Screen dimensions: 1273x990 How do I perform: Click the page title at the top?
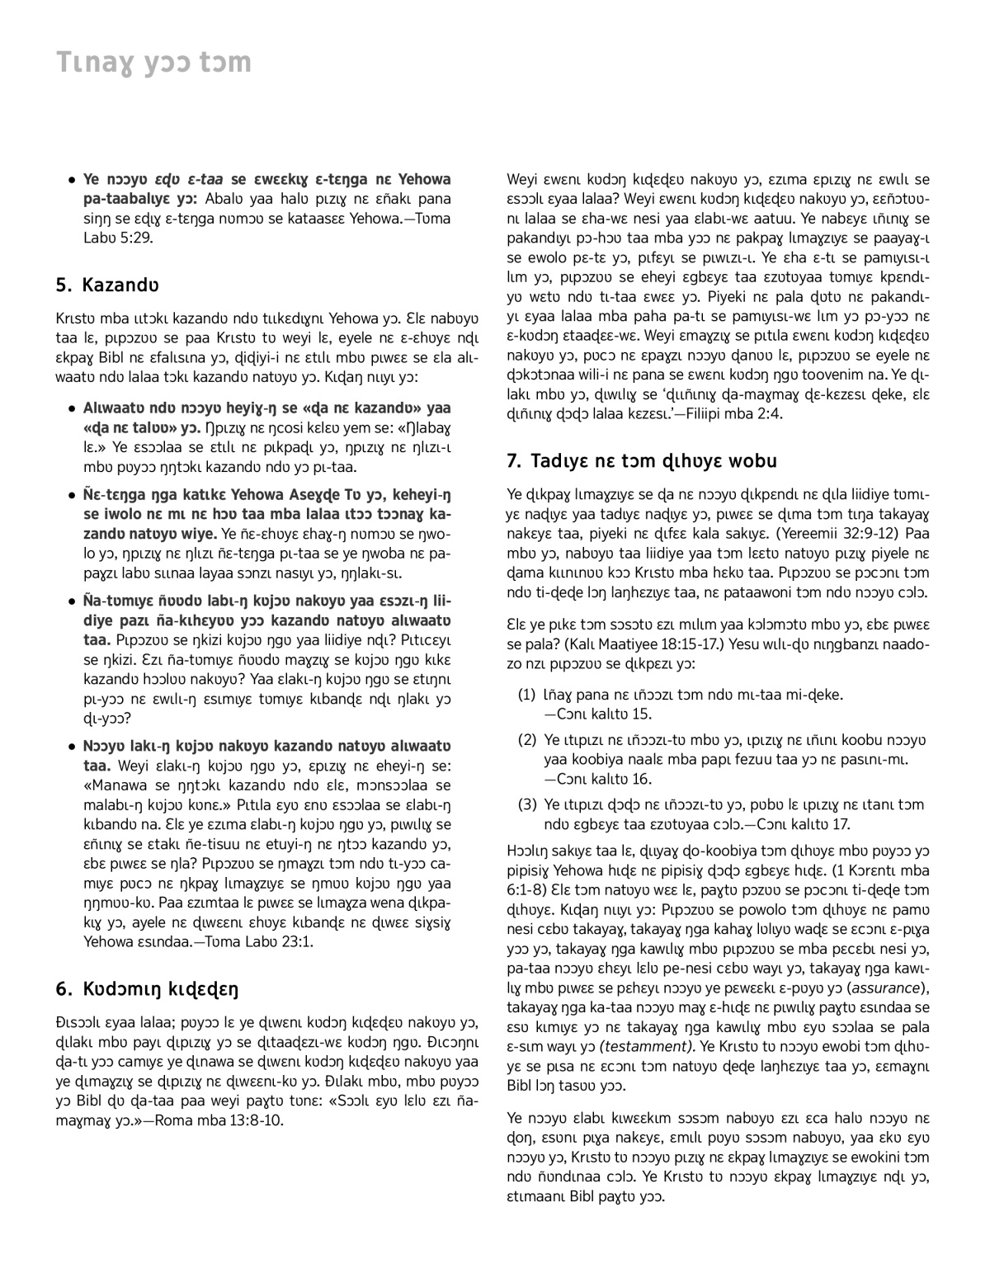(153, 64)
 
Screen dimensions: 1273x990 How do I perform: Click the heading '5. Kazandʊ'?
(107, 285)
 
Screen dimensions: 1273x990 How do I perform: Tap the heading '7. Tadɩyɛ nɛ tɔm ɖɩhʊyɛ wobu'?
(642, 460)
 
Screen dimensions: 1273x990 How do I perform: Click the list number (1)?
(527, 695)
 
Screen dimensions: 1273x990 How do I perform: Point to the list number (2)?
(527, 739)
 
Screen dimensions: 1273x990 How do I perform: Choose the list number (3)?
(527, 804)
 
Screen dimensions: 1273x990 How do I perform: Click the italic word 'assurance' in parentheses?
(885, 988)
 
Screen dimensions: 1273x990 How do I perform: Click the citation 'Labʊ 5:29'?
(118, 238)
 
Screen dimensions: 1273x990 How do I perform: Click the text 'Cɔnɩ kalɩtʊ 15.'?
(598, 714)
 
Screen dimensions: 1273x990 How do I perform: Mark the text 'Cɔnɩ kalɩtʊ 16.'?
(598, 779)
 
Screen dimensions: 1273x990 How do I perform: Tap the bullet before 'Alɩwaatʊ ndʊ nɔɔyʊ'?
(73, 408)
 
